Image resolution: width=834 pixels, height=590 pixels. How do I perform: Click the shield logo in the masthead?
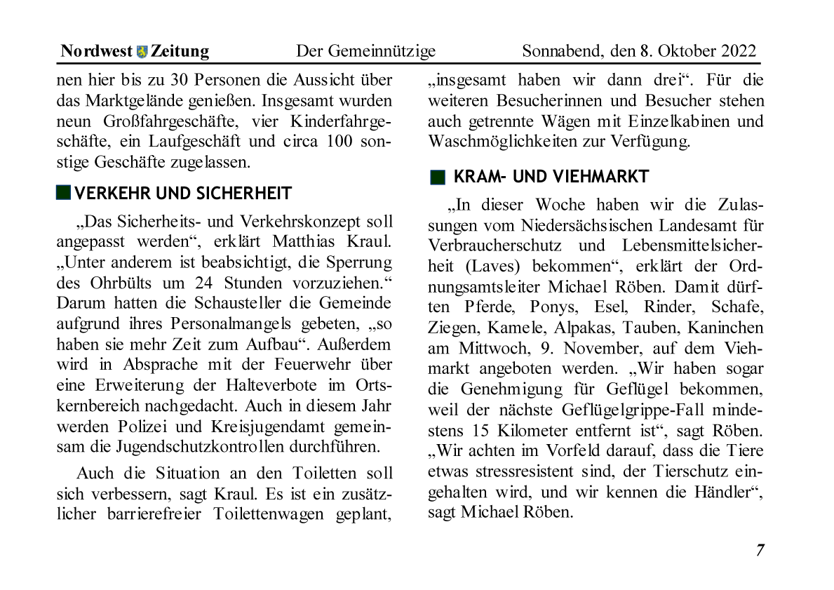tap(142, 51)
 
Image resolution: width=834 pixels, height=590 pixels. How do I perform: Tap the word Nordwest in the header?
tap(96, 51)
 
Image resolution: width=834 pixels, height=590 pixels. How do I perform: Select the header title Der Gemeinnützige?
tap(365, 51)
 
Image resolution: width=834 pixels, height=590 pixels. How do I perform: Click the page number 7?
tap(760, 550)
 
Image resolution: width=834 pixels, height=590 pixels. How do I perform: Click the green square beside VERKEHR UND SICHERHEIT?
tap(64, 193)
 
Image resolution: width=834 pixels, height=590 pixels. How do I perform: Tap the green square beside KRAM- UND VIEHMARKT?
tap(438, 177)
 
